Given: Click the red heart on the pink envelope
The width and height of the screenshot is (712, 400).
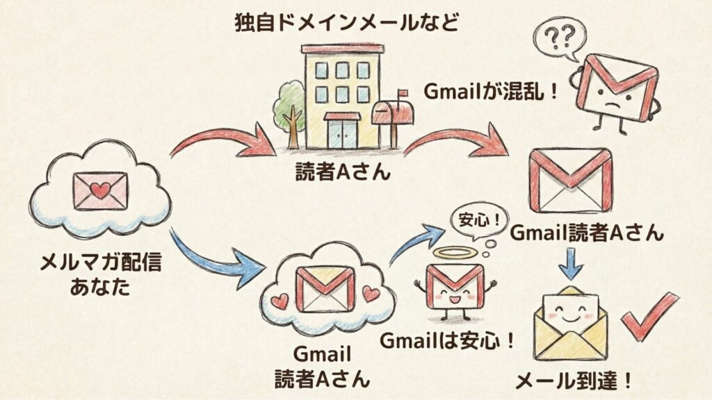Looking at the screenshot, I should (x=101, y=190).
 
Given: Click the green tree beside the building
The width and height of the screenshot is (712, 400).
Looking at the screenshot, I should (x=289, y=108).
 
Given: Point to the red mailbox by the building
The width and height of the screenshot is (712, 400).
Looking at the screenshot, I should (x=393, y=115).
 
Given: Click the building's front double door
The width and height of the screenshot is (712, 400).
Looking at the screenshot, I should (x=342, y=133).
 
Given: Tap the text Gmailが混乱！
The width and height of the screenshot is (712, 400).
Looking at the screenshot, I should (x=491, y=91).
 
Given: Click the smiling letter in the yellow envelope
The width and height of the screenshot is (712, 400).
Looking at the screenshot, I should (x=570, y=306).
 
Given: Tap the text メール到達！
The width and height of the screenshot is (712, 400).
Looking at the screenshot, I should (x=574, y=381).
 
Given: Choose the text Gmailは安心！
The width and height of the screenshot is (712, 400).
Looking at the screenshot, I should (x=448, y=341).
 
